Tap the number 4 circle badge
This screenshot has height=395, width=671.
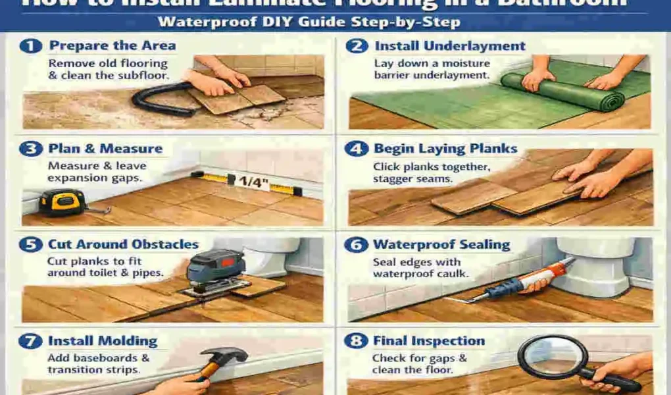point(356,149)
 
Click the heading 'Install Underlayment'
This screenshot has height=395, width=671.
point(450,46)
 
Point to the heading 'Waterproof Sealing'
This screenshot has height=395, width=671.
point(441,245)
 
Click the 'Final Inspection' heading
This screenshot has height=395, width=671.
point(428,341)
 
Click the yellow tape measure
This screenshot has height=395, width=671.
point(62,201)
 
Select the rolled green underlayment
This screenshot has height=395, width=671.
point(562,92)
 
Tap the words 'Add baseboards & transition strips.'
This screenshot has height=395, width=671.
point(98,363)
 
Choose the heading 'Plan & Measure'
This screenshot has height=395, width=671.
point(105,149)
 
